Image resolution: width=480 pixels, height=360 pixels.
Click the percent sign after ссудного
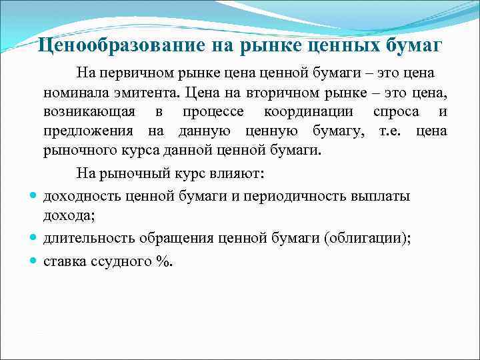[163, 261]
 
